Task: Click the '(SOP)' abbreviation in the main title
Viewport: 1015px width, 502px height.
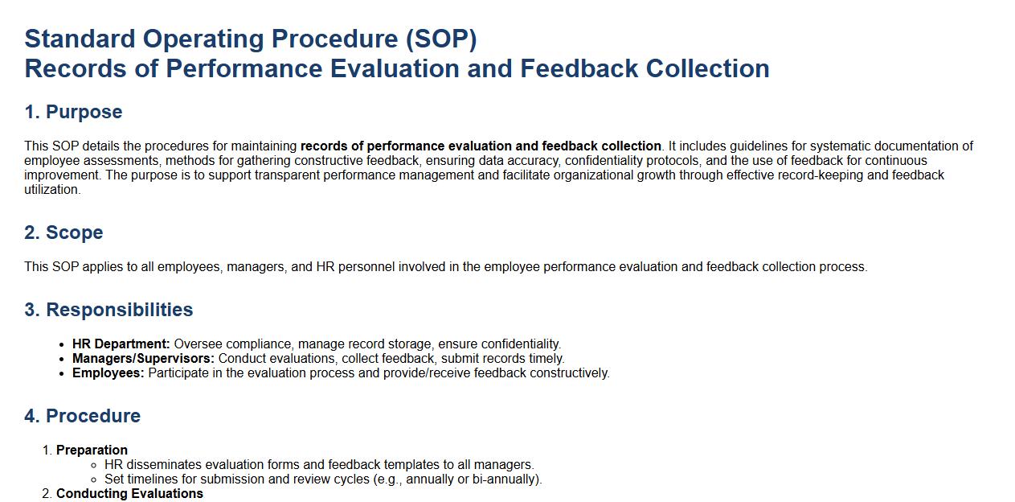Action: click(x=441, y=39)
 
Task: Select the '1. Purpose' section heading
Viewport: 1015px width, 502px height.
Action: click(x=73, y=112)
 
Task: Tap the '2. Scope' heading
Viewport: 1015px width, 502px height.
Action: click(x=64, y=232)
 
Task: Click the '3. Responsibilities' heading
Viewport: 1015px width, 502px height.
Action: click(x=108, y=310)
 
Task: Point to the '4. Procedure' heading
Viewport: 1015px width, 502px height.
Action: click(x=83, y=416)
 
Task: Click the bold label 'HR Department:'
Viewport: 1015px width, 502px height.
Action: click(x=121, y=344)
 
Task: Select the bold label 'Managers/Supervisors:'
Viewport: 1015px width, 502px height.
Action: click(x=143, y=359)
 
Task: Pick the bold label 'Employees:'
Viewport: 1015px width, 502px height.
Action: click(x=108, y=373)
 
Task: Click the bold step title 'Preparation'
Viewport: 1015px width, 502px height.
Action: click(x=92, y=451)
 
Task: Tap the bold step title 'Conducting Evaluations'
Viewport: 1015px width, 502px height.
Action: click(x=129, y=493)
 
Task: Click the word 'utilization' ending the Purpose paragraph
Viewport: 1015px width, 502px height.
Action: click(x=51, y=190)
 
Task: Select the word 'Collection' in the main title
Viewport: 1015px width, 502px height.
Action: click(x=707, y=69)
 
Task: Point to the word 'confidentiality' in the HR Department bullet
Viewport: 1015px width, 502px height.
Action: click(x=520, y=344)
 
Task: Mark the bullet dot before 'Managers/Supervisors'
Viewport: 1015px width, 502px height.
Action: click(x=63, y=359)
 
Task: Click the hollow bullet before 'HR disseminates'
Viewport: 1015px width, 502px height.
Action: click(x=94, y=465)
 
